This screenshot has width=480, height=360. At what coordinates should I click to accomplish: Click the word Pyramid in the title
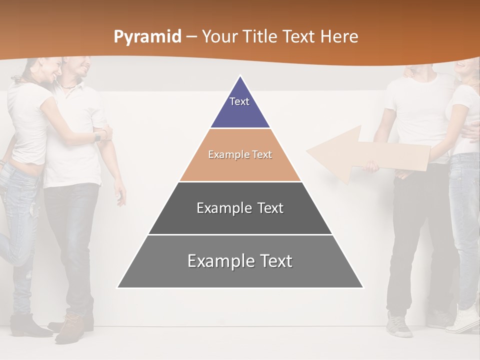(x=147, y=37)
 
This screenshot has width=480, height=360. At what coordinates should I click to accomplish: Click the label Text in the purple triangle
(x=239, y=101)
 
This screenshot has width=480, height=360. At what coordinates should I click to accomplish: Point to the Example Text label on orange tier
(x=240, y=154)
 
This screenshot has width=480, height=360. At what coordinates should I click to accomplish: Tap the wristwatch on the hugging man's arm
(x=97, y=136)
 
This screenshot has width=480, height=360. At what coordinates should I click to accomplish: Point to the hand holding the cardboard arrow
(x=371, y=166)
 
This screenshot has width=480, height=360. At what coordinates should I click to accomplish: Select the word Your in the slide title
(x=219, y=37)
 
